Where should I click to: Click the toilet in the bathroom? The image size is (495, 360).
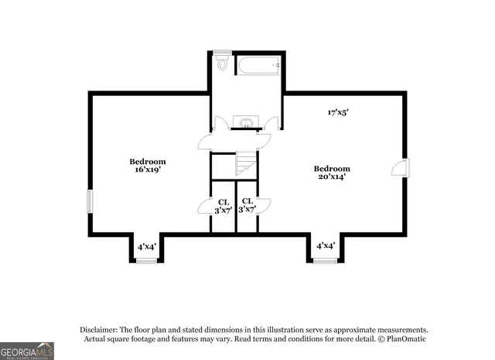222,63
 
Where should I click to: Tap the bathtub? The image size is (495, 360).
256,64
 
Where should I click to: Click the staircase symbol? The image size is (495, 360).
245,164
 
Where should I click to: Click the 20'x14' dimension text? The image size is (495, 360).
331,177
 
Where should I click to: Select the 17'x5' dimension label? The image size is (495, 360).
338,112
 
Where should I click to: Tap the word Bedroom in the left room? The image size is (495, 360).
147,161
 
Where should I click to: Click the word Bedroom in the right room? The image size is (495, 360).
331,168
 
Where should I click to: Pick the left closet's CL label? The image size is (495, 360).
223,201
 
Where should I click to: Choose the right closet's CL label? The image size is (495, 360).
247,201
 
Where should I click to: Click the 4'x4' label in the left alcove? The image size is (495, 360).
147,246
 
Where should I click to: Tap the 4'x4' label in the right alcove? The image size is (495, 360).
326,245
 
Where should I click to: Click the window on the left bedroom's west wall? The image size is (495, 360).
90,201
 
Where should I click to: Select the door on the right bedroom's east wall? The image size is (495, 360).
405,167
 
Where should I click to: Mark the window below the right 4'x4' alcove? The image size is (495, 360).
326,262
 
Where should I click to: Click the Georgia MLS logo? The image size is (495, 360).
27,351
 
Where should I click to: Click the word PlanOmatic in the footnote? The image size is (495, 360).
405,338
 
